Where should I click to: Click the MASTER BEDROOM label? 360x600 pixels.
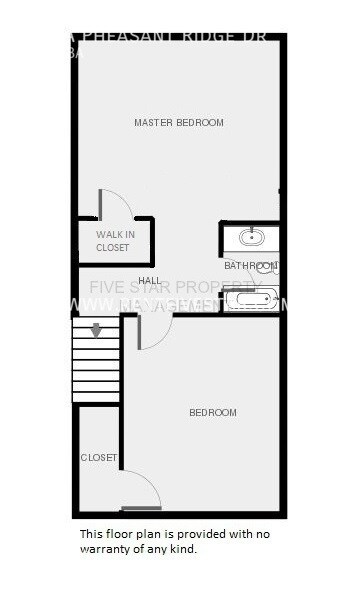(x=179, y=123)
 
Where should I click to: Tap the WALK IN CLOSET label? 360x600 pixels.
(x=113, y=241)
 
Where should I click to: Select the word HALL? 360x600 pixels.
(x=150, y=280)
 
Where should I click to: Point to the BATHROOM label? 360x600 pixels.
(x=248, y=266)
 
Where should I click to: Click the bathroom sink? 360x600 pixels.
(x=250, y=238)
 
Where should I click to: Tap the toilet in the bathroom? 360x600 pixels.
(x=270, y=267)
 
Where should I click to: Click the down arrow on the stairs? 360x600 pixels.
(x=96, y=330)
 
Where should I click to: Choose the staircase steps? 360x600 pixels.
(x=96, y=365)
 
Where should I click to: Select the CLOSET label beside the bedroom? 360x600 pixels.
(x=98, y=458)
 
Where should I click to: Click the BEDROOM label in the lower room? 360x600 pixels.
(x=213, y=413)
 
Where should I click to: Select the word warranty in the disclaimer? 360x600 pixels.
(x=111, y=549)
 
